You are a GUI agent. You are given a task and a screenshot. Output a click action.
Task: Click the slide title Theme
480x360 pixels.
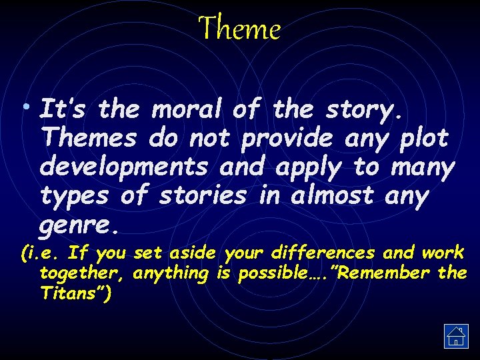point(240,29)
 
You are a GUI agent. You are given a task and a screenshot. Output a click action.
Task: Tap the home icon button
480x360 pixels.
point(456,336)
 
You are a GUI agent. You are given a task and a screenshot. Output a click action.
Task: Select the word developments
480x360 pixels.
point(124,167)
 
